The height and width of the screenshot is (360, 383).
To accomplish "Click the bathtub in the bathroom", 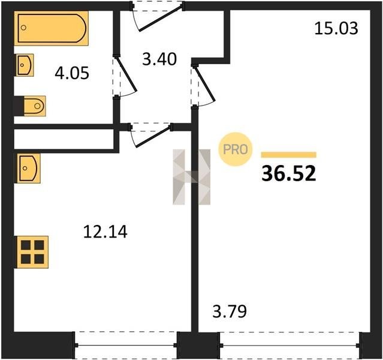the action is pos(52,28).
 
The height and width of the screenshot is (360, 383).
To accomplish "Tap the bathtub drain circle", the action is pos(23,28).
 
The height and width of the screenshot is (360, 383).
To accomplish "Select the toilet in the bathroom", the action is pos(35,106).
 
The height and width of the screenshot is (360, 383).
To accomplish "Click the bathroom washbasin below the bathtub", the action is pos(25,65).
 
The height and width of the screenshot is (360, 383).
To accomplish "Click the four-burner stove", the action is pos(32,252).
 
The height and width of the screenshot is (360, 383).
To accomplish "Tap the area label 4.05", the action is pos(72,73).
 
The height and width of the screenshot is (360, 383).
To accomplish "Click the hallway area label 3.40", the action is pos(159,59).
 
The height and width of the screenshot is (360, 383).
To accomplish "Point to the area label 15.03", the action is pos(336,28).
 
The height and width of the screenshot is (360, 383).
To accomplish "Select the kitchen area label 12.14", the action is pos(105,232).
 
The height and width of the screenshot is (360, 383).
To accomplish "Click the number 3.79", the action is pos(230,311).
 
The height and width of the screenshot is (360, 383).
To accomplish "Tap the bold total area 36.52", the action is pos(289,173).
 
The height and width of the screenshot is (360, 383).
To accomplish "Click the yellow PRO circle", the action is pos(236,149).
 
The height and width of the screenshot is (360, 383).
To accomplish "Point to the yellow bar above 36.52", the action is pos(289,155).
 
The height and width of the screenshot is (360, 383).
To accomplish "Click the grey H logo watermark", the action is pos(192,177).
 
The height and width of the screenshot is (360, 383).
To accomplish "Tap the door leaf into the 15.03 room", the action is pos(205,83).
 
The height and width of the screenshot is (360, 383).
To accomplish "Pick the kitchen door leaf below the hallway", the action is pos(153,137).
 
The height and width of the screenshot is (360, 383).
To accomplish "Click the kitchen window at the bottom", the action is pos(126,346).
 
